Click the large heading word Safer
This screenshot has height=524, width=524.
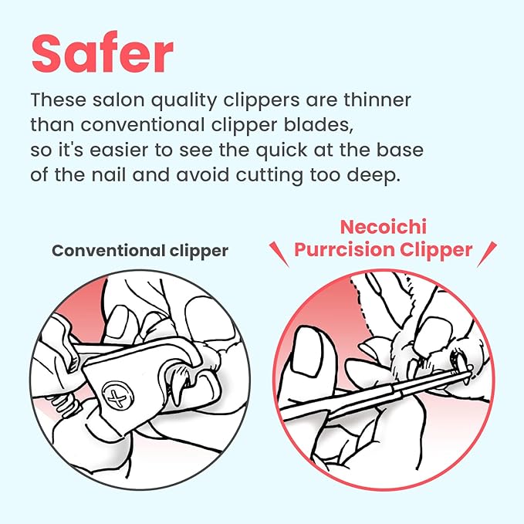coord(103,53)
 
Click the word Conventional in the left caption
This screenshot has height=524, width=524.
coord(106,250)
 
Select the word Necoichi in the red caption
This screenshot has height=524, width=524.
coord(384,228)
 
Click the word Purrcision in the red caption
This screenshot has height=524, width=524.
coord(340,252)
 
